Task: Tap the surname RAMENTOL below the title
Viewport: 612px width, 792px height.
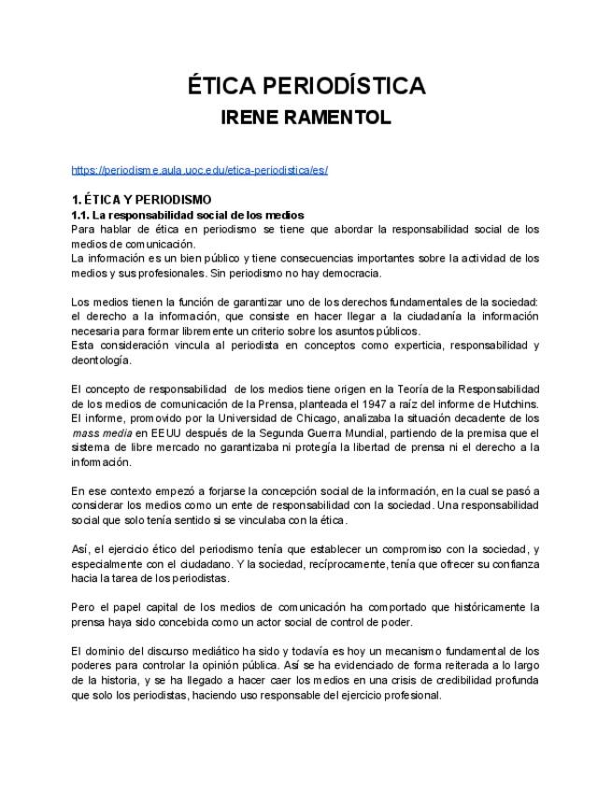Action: pos(334,119)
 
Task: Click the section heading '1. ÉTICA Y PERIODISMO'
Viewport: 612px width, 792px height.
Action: pos(141,199)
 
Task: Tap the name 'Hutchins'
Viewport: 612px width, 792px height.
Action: pos(514,403)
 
